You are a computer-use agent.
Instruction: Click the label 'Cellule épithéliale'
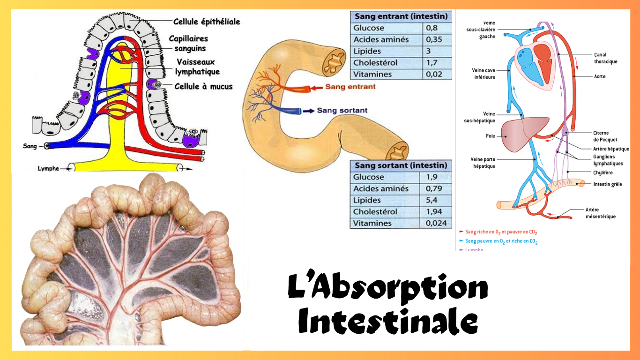(207, 22)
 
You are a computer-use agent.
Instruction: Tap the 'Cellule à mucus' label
(203, 86)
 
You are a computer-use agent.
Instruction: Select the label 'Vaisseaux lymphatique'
(197, 67)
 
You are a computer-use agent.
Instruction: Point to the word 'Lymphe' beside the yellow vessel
(48, 168)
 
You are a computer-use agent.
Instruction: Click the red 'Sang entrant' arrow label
(350, 87)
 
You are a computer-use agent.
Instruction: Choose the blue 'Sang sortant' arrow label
(342, 111)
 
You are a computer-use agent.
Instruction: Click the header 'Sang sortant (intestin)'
(401, 165)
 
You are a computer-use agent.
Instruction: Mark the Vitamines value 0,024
(436, 224)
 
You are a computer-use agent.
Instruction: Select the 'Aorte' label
(600, 76)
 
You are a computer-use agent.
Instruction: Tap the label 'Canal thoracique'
(605, 58)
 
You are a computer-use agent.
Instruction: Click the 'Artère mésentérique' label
(600, 213)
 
